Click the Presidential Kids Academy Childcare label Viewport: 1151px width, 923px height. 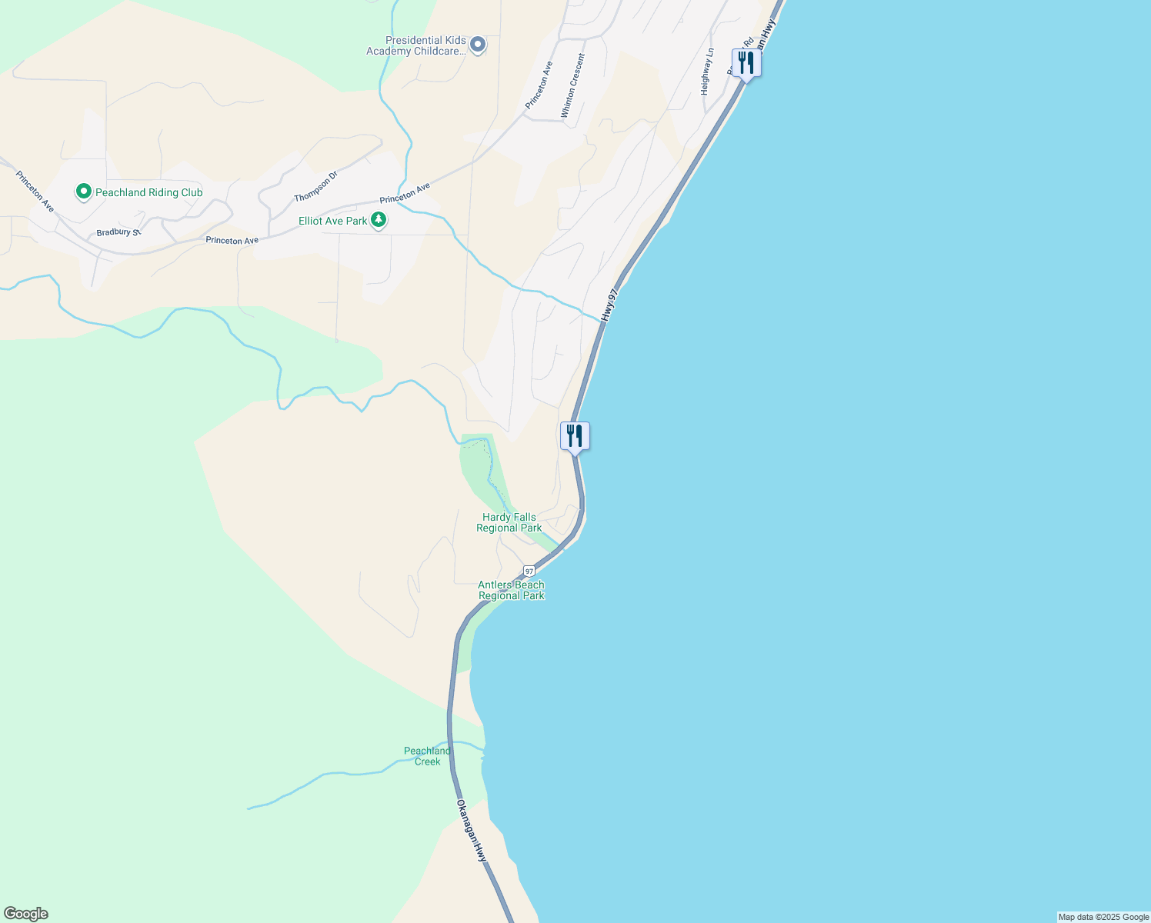(x=425, y=46)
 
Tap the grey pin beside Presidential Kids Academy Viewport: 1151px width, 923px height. (x=478, y=45)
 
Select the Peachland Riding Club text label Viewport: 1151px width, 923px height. (x=148, y=192)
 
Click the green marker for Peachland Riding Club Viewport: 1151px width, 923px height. (x=83, y=192)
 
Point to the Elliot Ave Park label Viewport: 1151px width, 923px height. (x=333, y=221)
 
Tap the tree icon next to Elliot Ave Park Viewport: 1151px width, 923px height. (x=379, y=221)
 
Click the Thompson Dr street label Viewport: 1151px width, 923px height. (x=315, y=187)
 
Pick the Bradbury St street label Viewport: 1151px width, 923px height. (x=118, y=232)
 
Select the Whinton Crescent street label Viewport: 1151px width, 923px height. (x=572, y=85)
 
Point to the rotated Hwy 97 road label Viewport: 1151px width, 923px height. (x=609, y=305)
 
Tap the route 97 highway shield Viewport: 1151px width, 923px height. (x=529, y=571)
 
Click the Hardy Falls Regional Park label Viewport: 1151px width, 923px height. (x=509, y=523)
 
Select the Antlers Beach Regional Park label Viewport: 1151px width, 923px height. (x=511, y=590)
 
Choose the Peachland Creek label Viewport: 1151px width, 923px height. (x=427, y=756)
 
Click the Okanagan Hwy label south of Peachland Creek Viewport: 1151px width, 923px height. (x=472, y=831)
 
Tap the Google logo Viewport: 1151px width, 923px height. (x=25, y=914)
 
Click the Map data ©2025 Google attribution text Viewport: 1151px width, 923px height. (x=1103, y=917)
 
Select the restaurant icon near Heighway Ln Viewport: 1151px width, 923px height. (x=746, y=62)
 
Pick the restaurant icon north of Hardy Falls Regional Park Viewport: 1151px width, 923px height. (x=575, y=436)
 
